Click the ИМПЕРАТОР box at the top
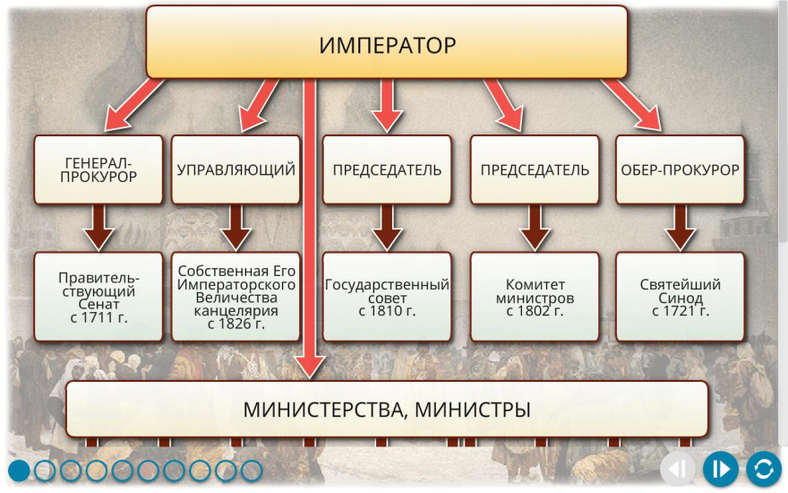(387, 42)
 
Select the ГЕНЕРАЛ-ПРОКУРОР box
(98, 169)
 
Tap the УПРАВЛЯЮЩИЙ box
(236, 169)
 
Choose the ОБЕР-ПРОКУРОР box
(680, 169)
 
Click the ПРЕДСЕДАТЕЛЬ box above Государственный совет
(387, 169)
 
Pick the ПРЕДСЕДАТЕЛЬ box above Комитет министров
(535, 169)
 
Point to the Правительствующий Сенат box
(98, 297)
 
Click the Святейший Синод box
(680, 297)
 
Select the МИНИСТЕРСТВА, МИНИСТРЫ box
(387, 409)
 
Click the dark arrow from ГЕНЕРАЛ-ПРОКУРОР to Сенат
(98, 228)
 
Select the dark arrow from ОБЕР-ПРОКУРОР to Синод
(680, 228)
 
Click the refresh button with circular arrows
(763, 470)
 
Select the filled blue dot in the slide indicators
(19, 471)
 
